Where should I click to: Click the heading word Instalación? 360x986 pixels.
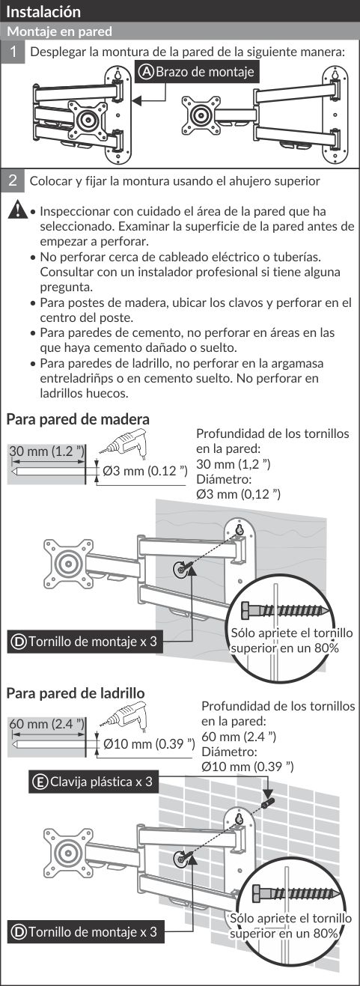[x=43, y=11]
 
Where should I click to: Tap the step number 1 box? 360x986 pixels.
[x=12, y=52]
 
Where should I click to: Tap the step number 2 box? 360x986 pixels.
[x=12, y=180]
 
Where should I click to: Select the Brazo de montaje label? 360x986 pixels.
[x=196, y=72]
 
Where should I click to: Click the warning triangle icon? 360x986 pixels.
[x=17, y=209]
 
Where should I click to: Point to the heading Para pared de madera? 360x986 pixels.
[x=78, y=419]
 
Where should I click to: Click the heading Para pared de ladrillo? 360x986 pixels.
[x=76, y=693]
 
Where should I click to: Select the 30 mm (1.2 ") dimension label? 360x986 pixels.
[x=46, y=451]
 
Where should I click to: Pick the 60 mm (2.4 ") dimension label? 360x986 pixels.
[x=46, y=724]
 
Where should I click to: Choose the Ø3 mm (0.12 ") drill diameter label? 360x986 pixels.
[x=145, y=471]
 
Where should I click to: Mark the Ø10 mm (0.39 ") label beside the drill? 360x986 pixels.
[x=149, y=744]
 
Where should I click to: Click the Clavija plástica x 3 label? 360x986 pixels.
[x=94, y=782]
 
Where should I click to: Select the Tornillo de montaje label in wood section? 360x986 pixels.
[x=85, y=642]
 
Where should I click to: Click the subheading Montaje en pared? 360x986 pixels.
[x=60, y=31]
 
